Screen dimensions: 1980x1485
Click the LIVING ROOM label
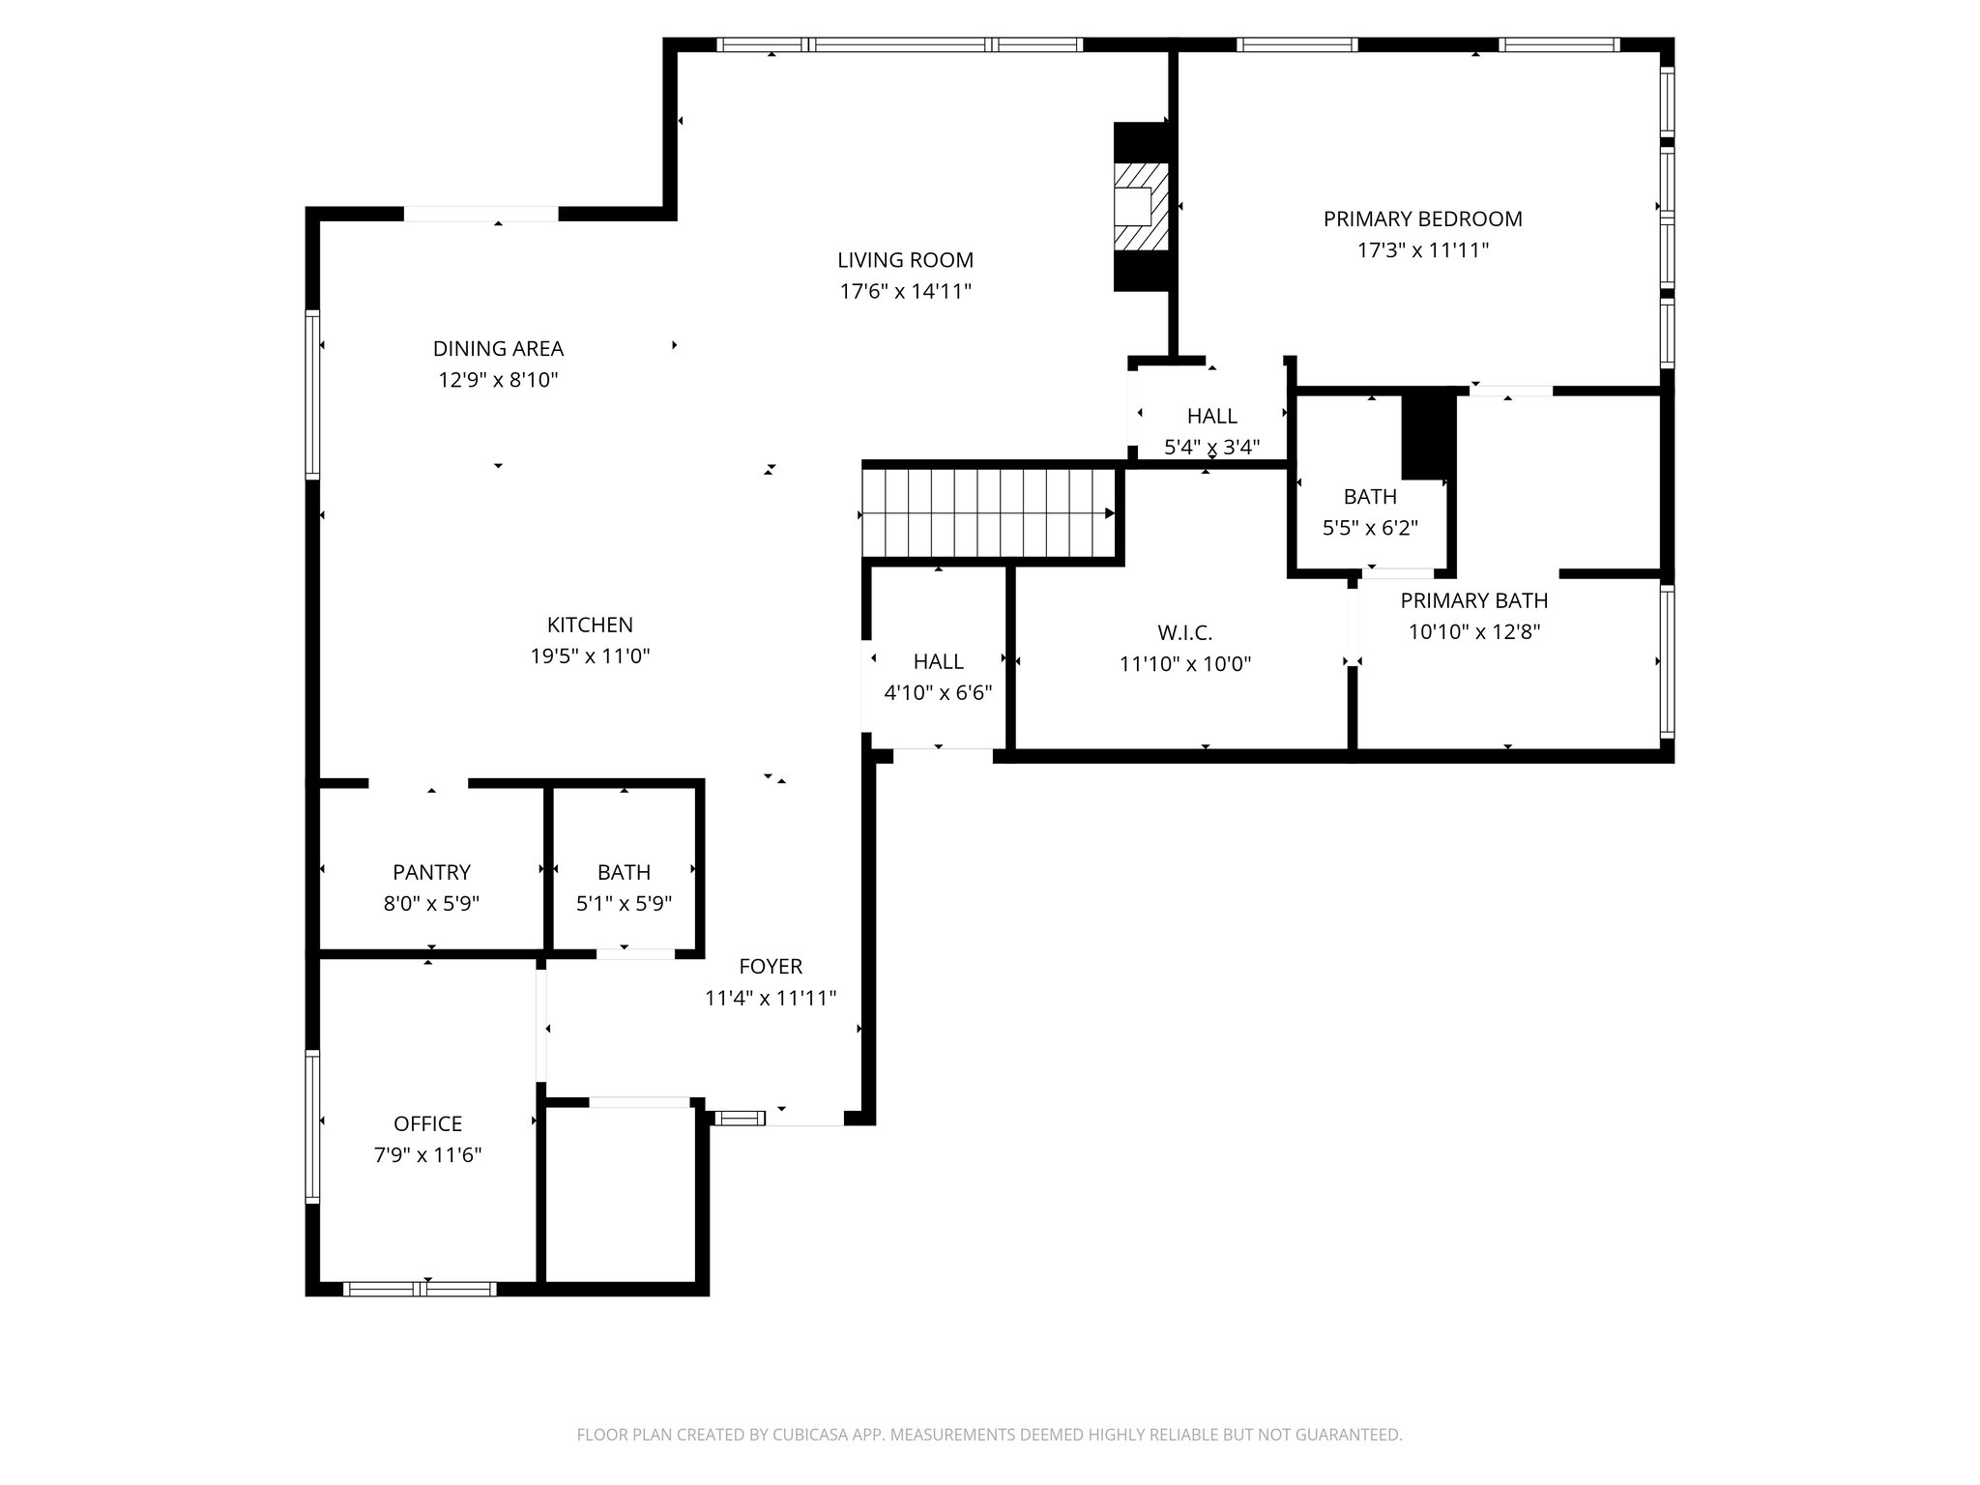[905, 260]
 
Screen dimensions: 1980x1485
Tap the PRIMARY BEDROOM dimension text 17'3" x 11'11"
[1422, 250]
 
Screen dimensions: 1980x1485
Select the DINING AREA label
[498, 348]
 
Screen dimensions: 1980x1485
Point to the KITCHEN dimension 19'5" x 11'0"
[590, 656]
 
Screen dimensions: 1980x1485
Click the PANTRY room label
[431, 872]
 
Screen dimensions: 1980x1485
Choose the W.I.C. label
[1185, 633]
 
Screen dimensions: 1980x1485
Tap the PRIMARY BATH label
[1474, 600]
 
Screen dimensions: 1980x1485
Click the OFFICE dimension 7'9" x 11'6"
[427, 1155]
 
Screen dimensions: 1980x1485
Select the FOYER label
[771, 966]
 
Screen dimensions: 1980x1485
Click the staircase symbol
[988, 513]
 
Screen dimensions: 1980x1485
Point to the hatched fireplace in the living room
[1141, 207]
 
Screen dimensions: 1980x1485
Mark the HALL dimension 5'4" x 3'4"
[1212, 448]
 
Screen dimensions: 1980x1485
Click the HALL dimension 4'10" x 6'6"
[938, 693]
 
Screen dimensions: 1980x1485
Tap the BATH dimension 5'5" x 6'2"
[1370, 528]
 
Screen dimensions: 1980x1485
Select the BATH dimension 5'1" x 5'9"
[624, 904]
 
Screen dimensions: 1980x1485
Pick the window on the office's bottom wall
[420, 1289]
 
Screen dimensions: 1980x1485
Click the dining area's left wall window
[312, 394]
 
